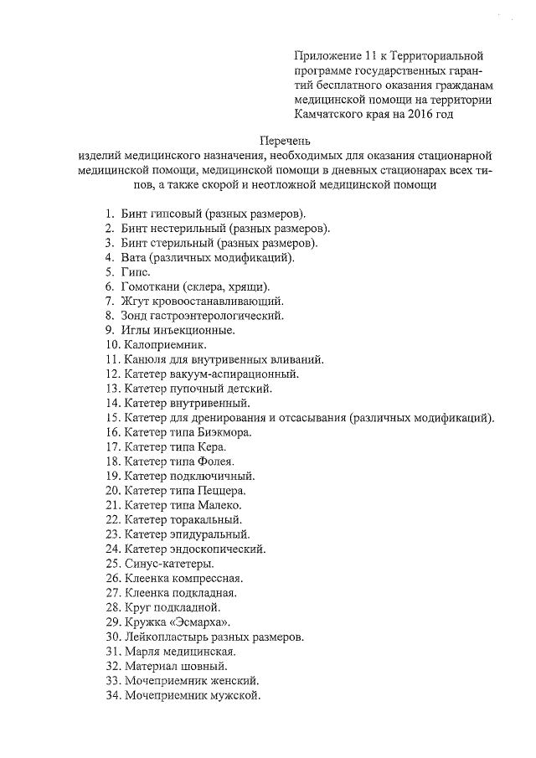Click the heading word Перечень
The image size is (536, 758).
286,140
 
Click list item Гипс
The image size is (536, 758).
137,271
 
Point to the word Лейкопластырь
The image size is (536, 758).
164,637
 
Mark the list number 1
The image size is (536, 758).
111,213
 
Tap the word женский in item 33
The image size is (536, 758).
234,680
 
